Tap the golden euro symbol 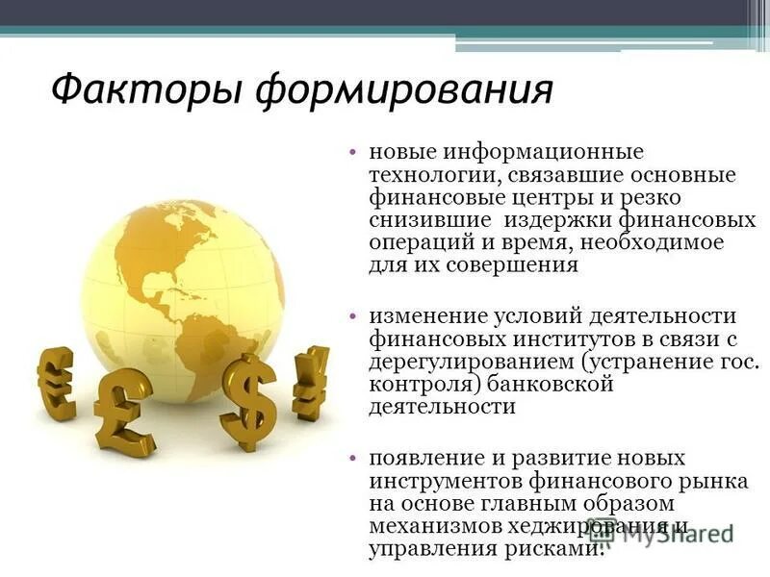[57, 383]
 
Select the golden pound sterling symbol [122, 410]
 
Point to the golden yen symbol [310, 382]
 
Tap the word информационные [537, 154]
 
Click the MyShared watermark [674, 537]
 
